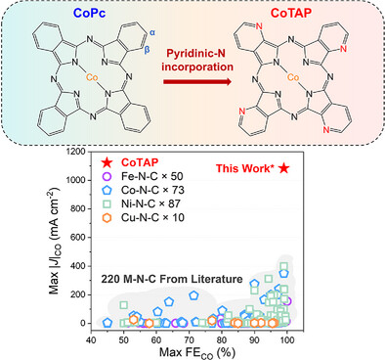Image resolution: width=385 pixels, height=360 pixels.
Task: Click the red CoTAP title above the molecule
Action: tap(297, 14)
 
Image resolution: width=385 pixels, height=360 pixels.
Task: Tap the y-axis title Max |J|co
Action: tap(38, 240)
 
